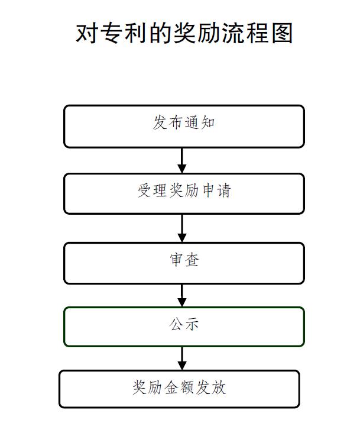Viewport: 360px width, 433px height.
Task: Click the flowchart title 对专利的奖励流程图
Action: (184, 33)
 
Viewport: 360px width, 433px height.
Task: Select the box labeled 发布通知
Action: (184, 126)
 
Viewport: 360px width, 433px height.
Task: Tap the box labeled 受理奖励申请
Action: (184, 193)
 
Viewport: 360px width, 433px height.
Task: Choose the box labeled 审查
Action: (184, 263)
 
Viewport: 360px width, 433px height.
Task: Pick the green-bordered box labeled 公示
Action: (184, 327)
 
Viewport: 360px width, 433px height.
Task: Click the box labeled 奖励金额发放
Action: (179, 389)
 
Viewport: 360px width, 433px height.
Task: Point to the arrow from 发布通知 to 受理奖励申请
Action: (182, 160)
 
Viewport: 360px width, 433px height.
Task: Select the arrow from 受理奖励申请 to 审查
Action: (182, 228)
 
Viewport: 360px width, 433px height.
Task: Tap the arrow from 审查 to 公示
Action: (182, 296)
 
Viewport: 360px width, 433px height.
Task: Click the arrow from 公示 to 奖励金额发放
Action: (182, 358)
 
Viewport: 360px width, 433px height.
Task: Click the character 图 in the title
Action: (282, 33)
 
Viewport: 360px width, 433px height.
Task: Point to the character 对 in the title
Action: (86, 33)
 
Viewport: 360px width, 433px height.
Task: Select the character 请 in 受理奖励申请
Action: (223, 190)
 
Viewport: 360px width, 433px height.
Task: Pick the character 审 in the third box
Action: (177, 260)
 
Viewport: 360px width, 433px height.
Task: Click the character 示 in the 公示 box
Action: (192, 324)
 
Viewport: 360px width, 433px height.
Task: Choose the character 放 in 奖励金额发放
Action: (219, 387)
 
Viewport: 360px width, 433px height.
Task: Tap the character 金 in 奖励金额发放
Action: (171, 387)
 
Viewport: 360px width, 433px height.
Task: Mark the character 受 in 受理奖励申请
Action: (144, 190)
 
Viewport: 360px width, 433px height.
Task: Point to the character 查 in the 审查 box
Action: (192, 260)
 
